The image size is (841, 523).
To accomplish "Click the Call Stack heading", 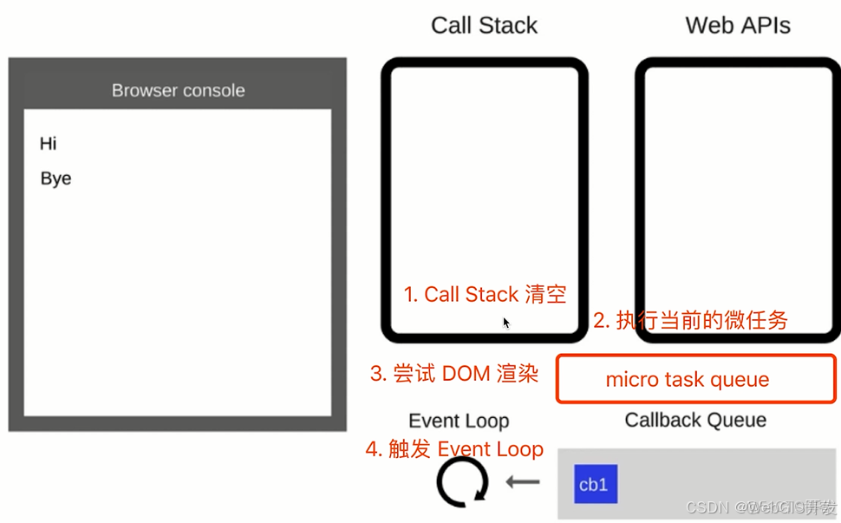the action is point(484,25).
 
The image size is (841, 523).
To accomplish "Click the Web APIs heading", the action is point(738,25).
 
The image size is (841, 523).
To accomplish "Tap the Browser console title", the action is point(178,90).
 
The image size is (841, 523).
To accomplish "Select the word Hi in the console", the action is point(48,143).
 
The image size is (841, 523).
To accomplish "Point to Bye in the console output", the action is point(55,178).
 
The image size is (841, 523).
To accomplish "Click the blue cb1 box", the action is point(596,484).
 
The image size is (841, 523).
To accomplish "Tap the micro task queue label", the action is point(688,379).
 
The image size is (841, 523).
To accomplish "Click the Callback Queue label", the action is point(695,420).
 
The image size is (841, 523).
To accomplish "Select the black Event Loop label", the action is point(459,421).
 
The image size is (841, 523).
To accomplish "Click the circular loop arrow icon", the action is point(462,481).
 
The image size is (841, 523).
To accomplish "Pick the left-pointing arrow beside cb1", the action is point(523,481).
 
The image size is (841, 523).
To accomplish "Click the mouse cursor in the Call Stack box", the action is point(505,323).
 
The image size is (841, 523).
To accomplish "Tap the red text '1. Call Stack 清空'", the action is point(485,294).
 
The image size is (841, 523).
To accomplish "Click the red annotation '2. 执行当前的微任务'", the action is point(690,320).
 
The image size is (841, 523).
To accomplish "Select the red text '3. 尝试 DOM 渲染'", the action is point(454,373).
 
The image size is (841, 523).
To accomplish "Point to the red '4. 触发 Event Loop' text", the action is point(454,449).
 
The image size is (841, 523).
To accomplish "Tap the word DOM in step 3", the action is point(466,373).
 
